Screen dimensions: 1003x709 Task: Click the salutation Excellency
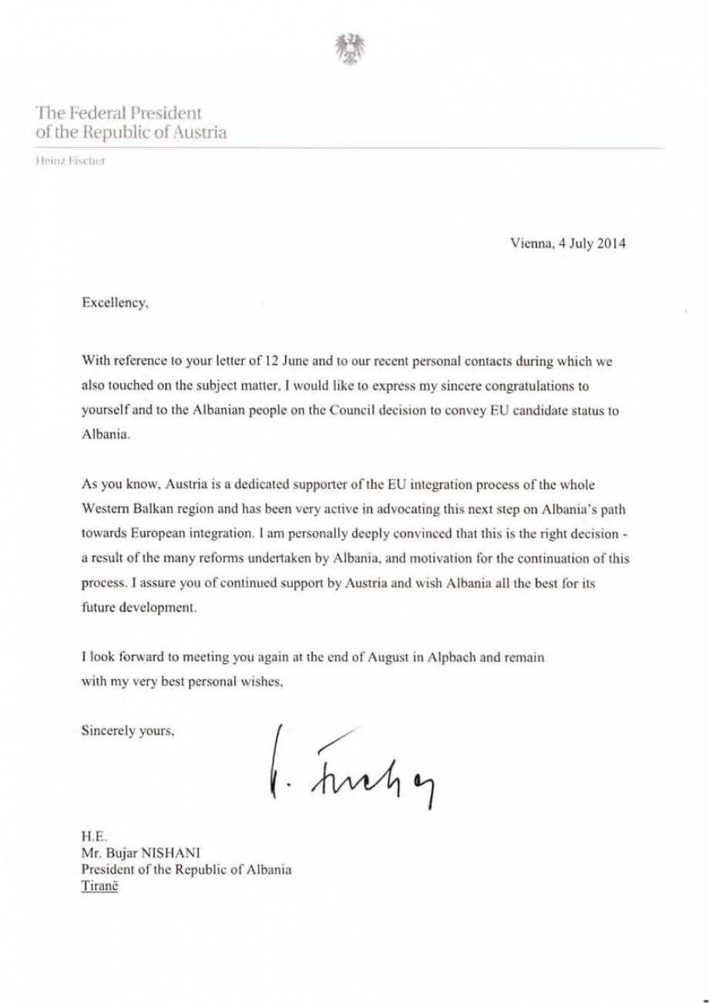click(x=115, y=304)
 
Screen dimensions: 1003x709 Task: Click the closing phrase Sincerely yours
click(x=128, y=730)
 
